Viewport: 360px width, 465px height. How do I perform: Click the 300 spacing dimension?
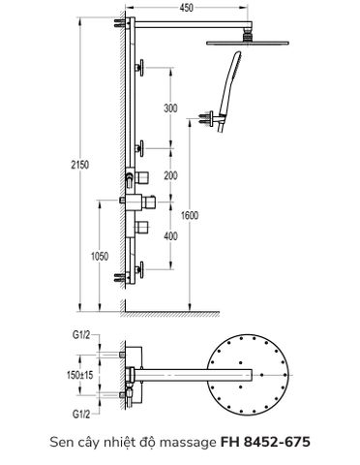[x=171, y=108]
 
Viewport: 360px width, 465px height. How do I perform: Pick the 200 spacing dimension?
[x=171, y=175]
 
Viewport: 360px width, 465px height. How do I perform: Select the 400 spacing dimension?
[x=171, y=235]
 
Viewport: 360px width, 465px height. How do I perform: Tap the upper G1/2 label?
[x=82, y=336]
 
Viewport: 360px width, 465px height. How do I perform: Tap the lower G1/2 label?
[x=82, y=413]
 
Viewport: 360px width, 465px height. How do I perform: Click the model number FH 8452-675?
[x=264, y=442]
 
